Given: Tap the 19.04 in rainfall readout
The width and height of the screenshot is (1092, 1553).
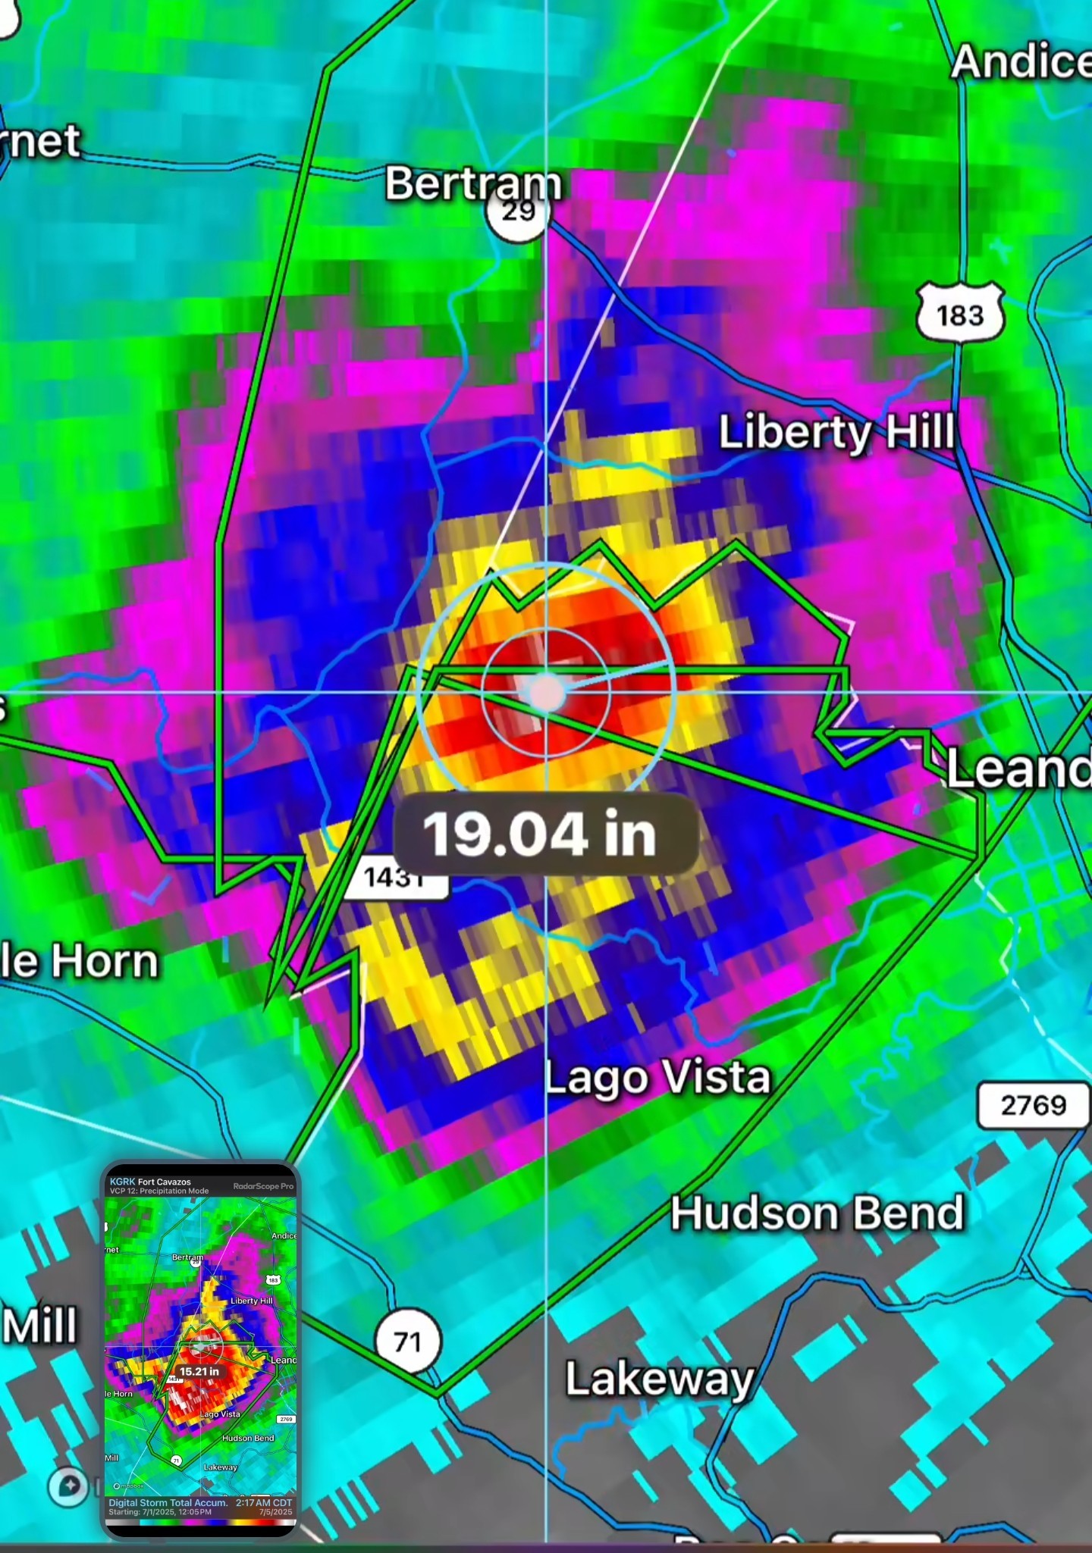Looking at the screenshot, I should [540, 834].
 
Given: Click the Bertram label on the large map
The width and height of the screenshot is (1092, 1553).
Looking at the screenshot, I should [473, 183].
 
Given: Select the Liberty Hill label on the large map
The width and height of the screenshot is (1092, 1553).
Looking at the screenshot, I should [836, 432].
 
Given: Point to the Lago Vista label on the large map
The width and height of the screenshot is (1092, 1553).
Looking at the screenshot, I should [658, 1077].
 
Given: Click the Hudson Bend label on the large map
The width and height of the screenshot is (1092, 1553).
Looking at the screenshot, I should [817, 1213].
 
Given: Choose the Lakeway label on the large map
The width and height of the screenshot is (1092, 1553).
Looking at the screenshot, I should [660, 1378].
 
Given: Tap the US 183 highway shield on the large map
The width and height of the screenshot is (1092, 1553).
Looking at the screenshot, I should [960, 313].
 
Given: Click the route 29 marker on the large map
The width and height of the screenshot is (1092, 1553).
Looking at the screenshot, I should [517, 212].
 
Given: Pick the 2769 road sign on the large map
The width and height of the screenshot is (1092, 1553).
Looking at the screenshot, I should [1033, 1105].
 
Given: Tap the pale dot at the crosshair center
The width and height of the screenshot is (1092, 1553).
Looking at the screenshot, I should [546, 692].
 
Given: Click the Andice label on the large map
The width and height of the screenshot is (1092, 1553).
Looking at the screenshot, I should [1021, 62].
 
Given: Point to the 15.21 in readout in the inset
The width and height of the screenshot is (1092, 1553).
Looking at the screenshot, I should [199, 1372].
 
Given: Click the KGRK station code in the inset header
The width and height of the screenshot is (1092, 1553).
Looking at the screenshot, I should [122, 1182].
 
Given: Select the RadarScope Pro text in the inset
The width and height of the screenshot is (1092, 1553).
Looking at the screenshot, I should [263, 1186].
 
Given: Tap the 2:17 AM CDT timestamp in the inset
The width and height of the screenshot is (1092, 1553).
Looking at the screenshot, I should [264, 1502].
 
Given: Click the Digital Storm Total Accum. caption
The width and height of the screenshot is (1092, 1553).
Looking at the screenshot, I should [168, 1502].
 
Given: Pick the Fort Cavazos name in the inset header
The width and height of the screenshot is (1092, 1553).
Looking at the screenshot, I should [165, 1182].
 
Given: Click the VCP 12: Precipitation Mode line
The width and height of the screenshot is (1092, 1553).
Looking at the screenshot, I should [159, 1191].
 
